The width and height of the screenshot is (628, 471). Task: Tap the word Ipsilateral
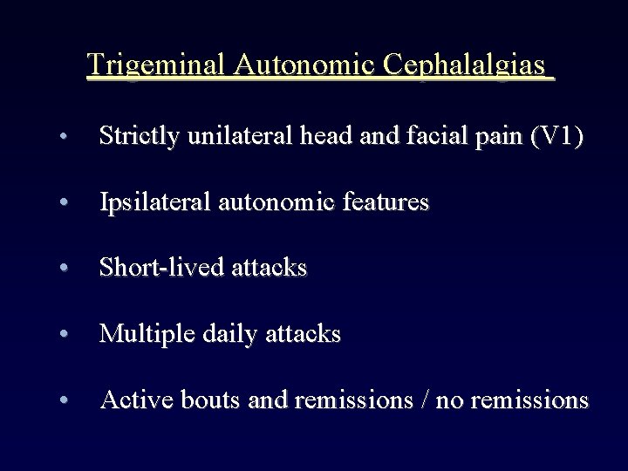[149, 202]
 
